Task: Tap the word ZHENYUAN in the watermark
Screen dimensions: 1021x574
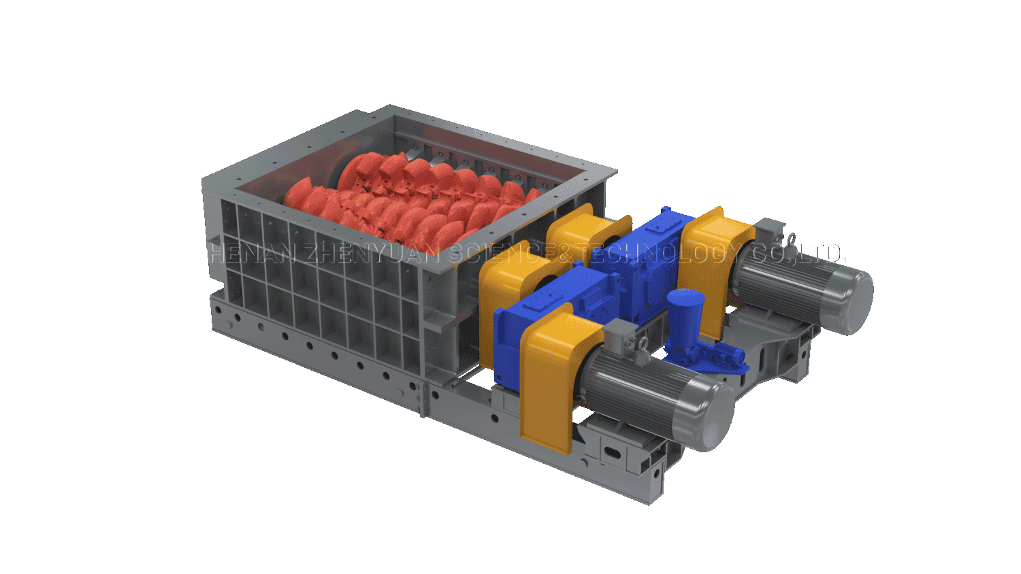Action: click(372, 253)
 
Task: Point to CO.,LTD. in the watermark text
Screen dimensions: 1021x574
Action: click(798, 253)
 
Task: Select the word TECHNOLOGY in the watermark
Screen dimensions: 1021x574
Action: click(660, 253)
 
